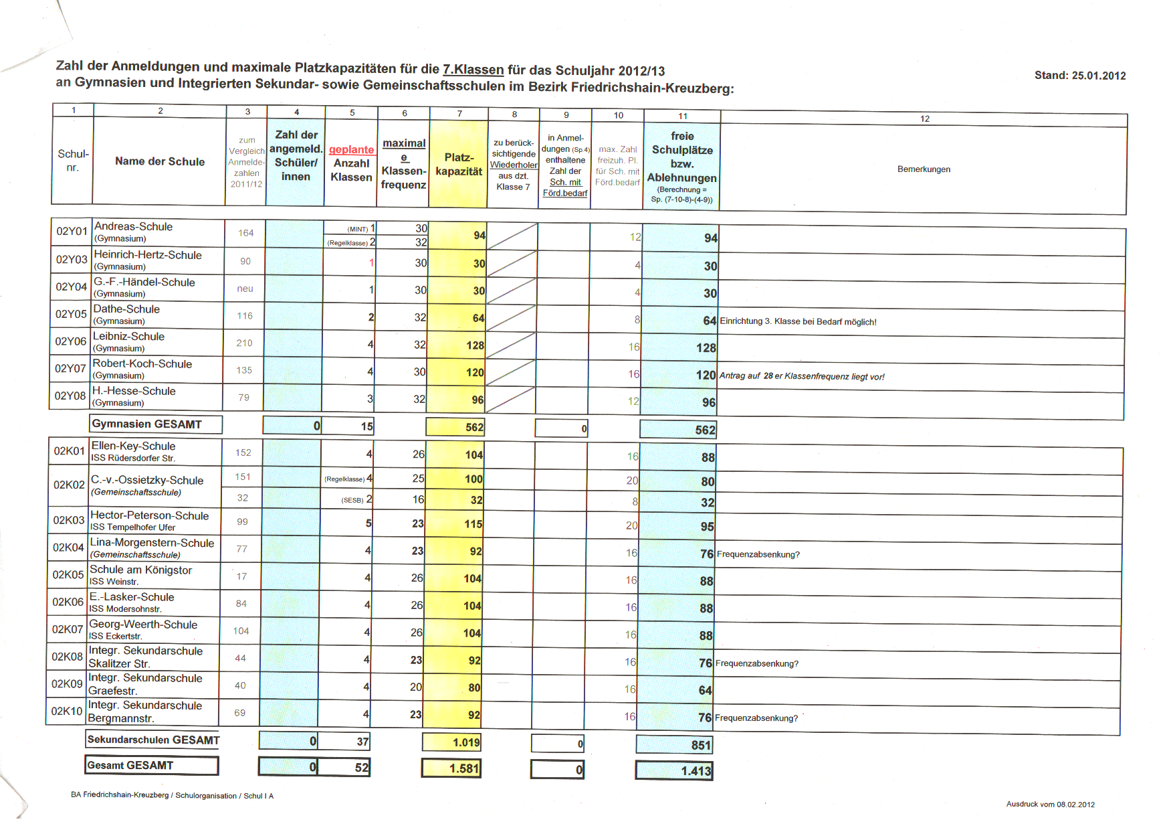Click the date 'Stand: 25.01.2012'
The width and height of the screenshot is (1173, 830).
1079,76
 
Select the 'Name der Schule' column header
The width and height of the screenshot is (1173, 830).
160,161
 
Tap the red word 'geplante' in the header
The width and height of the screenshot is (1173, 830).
351,150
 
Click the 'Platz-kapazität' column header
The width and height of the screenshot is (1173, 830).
459,165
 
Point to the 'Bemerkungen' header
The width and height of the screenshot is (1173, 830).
924,169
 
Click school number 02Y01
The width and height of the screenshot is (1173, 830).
72,232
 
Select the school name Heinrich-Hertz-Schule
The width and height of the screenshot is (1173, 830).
148,255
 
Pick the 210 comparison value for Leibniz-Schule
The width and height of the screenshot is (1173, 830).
244,343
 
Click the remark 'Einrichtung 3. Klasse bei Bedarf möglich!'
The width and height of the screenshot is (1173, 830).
798,322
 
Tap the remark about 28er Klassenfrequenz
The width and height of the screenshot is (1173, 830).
802,376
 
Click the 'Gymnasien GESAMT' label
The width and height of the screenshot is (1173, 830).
147,424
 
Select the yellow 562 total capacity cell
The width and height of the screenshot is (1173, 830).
456,427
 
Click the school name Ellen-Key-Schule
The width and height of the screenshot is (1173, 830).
134,446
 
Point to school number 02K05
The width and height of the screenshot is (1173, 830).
68,575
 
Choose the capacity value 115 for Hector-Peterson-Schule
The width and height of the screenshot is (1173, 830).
473,524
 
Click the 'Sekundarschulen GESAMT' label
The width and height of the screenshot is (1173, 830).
153,740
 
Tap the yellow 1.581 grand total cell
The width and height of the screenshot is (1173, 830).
451,768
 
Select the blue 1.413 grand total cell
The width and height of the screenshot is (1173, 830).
674,771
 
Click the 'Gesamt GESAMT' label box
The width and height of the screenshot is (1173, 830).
152,766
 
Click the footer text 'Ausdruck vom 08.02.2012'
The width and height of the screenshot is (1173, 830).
1050,805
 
